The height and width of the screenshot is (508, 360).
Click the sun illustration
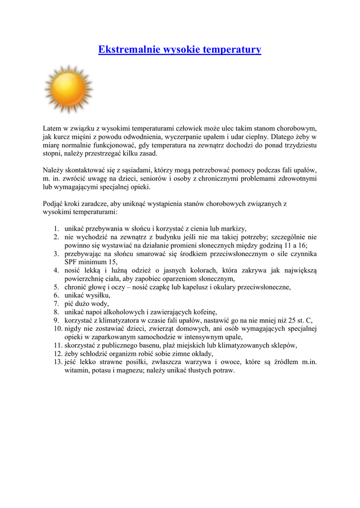tap(69, 89)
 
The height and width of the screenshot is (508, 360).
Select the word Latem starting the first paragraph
tap(52, 128)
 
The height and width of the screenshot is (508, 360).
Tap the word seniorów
tap(139, 179)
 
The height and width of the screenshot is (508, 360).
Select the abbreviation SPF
tap(72, 262)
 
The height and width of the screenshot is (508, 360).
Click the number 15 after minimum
tap(113, 262)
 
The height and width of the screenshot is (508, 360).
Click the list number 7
tap(56, 304)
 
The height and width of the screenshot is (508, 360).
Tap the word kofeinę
tap(203, 312)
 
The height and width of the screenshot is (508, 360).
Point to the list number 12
tap(56, 354)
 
